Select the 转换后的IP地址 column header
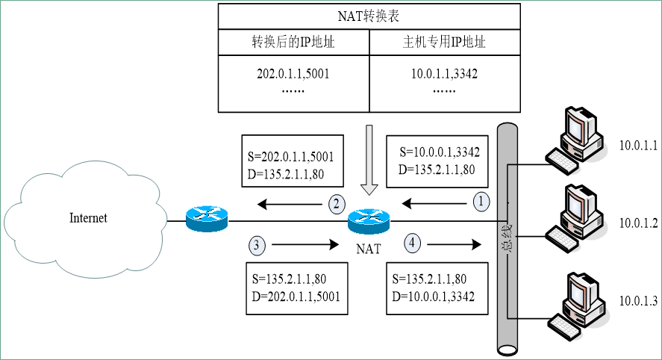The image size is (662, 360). tap(293, 43)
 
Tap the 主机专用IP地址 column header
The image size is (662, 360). tap(444, 43)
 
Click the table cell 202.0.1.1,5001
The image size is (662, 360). tap(293, 75)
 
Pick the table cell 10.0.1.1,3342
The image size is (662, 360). tap(444, 75)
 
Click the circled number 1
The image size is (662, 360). tap(482, 202)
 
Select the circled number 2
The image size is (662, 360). tap(337, 203)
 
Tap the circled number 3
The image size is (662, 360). tap(256, 243)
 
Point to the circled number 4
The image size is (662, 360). tap(413, 242)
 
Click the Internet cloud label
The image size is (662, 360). tap(88, 218)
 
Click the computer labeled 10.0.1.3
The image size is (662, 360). tap(575, 302)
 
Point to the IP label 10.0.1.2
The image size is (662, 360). tap(637, 223)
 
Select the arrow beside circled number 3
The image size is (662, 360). tap(302, 243)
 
